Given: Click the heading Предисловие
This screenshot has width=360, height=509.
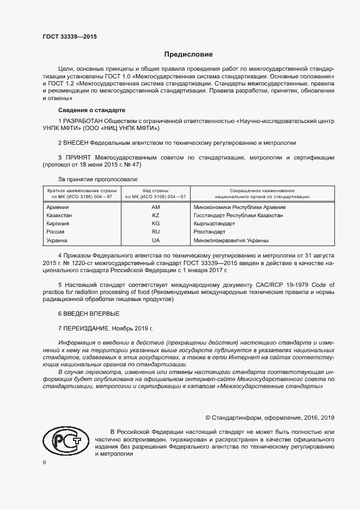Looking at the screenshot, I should pos(189,54).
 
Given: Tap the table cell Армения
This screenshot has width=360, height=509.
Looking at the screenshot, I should pos(58,207).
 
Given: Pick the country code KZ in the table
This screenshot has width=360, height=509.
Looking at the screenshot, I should pos(156,216).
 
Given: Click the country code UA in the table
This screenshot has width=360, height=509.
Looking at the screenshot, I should pos(156,240).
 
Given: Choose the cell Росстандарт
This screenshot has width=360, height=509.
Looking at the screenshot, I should pos(210,232).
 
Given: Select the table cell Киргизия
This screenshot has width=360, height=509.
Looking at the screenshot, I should pos(59,224).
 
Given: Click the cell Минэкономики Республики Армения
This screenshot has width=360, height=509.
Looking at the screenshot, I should pos(240,207).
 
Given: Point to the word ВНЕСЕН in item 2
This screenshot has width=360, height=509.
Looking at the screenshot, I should pos(76,143).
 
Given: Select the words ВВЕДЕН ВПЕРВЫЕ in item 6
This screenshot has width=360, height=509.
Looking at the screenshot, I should pos(91,314).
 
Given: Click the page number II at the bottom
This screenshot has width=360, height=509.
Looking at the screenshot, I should pos(45,462).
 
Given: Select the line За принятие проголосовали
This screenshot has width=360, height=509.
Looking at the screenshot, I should pos(98,179).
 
